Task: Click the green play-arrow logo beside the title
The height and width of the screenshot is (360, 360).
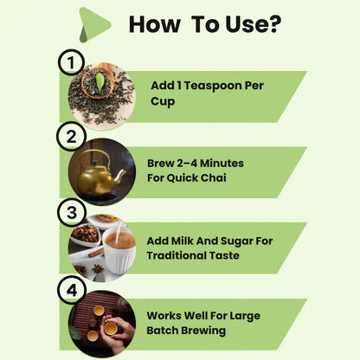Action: [93, 24]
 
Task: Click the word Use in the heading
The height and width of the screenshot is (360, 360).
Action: [247, 24]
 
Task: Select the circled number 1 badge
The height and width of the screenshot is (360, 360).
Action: [71, 62]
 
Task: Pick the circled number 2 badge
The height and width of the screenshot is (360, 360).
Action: [71, 137]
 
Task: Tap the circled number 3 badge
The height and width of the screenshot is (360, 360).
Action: [72, 213]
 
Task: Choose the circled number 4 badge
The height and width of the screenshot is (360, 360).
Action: [72, 290]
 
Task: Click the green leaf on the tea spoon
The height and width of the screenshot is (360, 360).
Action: [100, 82]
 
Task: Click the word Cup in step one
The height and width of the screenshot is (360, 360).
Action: [163, 101]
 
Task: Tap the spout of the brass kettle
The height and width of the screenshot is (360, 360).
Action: [119, 176]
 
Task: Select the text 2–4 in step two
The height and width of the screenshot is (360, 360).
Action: [186, 164]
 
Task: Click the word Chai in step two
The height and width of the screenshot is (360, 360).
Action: [214, 177]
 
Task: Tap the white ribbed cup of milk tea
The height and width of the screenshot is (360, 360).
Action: [119, 251]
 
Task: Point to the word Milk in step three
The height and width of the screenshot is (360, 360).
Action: [182, 241]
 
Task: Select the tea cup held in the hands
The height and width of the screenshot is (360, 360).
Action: [111, 329]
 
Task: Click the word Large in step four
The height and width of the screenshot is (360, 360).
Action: [245, 316]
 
